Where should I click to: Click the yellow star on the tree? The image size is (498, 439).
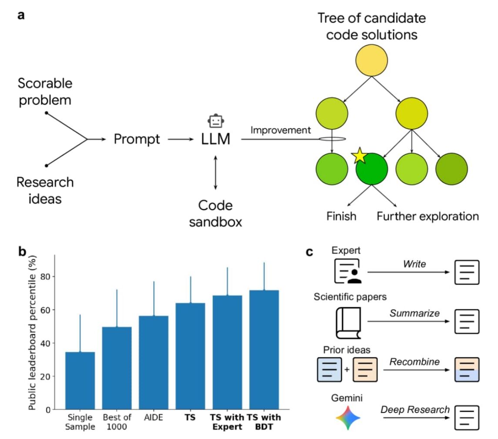(360, 155)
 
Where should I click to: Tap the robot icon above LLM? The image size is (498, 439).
(216, 121)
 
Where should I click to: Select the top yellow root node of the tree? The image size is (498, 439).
(371, 60)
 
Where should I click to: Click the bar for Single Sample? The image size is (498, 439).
(80, 381)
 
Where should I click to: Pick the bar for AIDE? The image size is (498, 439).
(154, 362)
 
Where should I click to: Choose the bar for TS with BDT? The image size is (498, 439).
(264, 350)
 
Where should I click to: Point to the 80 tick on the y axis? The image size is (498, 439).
(45, 277)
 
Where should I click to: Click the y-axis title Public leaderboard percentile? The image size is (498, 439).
(32, 332)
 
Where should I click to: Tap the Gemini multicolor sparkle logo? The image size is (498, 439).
(348, 417)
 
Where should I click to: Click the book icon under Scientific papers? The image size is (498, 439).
(348, 323)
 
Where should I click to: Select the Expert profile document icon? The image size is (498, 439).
(348, 271)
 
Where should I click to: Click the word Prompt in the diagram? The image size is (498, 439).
(137, 140)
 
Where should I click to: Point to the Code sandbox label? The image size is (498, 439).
(215, 214)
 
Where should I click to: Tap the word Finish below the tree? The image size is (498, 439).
(341, 216)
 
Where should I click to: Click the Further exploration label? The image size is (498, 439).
(428, 216)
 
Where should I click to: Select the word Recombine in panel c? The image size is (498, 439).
(414, 362)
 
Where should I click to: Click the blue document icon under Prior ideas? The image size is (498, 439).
(330, 369)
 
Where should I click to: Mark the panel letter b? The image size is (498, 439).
(22, 251)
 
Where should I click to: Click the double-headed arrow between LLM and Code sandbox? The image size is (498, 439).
(216, 172)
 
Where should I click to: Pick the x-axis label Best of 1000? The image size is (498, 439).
(117, 422)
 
